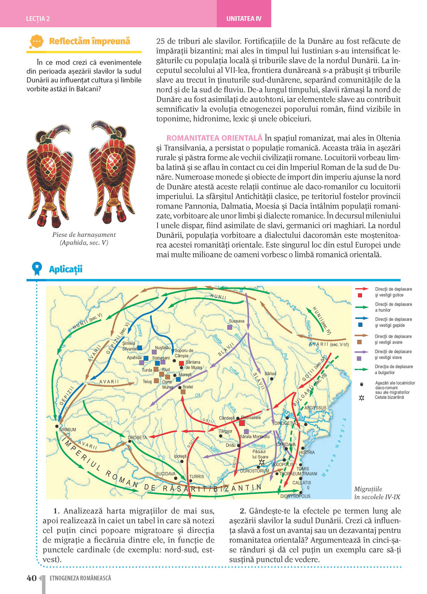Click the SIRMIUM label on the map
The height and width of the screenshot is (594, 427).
click(67, 429)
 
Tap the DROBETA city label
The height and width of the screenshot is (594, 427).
click(137, 438)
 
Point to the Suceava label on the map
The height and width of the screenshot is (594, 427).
click(237, 321)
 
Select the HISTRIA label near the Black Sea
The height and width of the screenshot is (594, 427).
click(307, 452)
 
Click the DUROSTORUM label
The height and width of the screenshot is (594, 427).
click(254, 471)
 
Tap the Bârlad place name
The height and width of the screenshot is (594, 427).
click(270, 373)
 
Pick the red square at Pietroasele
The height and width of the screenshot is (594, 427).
click(242, 423)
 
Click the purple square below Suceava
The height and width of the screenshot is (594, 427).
click(230, 327)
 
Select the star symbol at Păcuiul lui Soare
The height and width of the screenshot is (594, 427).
click(262, 462)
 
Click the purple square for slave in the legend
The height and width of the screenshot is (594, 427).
click(359, 358)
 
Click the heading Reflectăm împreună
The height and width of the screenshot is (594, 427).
click(89, 41)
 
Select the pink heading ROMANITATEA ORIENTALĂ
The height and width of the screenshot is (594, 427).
click(214, 138)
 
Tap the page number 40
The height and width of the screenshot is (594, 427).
click(32, 578)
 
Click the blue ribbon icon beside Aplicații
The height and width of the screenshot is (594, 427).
click(37, 269)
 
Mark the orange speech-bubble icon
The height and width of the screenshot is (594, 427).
click(37, 41)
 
